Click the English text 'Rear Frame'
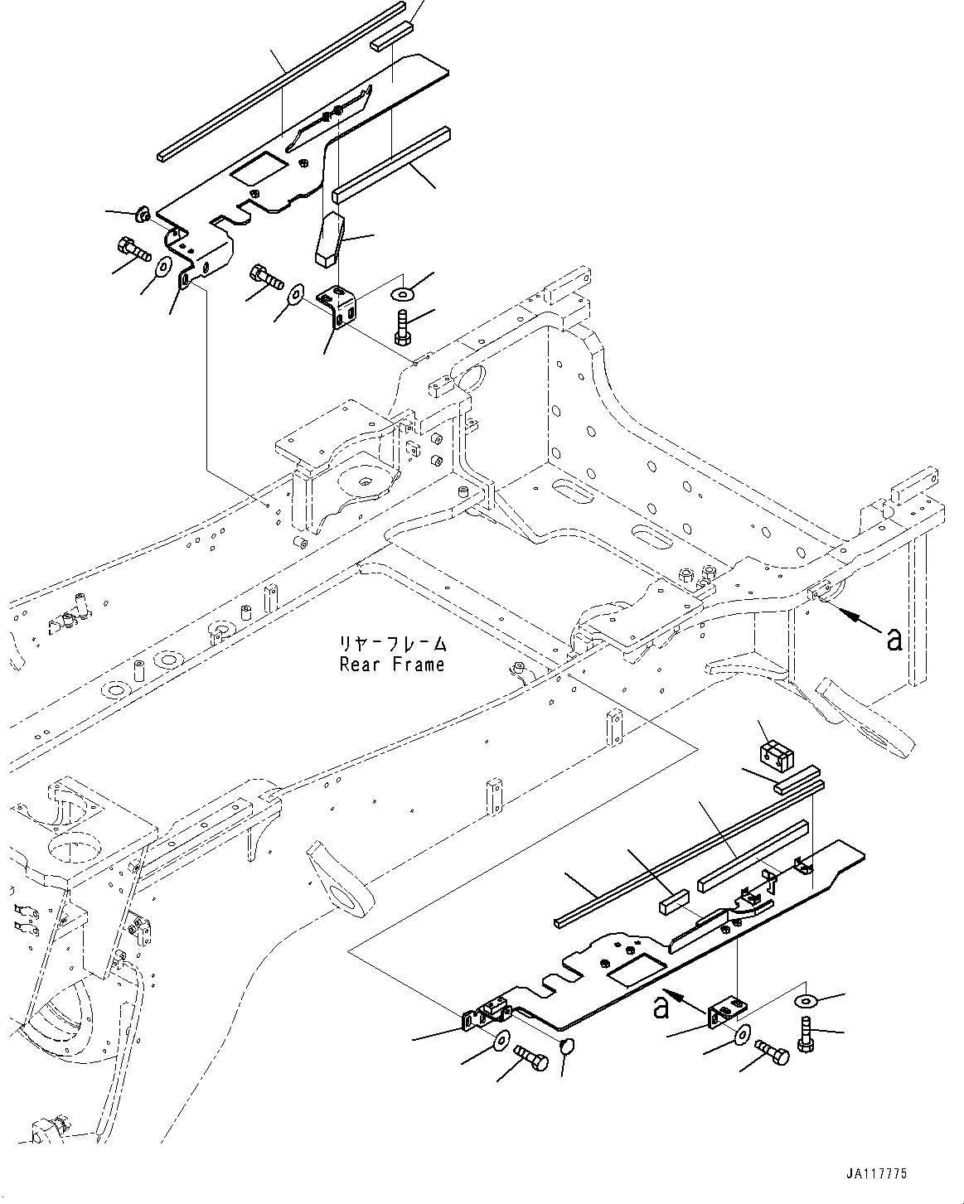(391, 665)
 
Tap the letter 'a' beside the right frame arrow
(894, 639)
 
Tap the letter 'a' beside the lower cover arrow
(661, 1008)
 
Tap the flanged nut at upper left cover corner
(140, 216)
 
